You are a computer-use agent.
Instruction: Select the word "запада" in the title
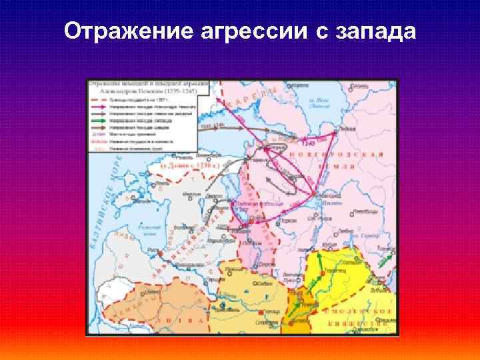click(x=375, y=32)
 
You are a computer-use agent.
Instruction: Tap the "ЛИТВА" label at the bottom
click(x=193, y=321)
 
